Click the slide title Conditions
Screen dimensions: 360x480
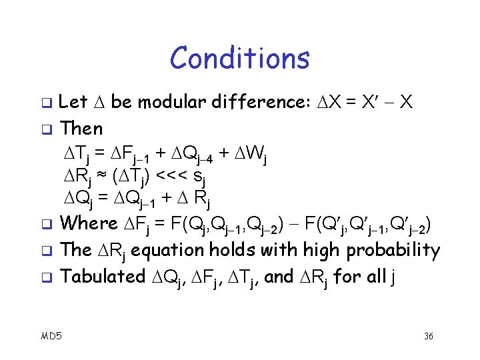(240, 58)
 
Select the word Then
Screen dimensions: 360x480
(81, 128)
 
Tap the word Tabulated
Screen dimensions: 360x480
(102, 276)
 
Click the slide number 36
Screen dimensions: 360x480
(429, 336)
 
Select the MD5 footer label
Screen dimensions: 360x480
(51, 335)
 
